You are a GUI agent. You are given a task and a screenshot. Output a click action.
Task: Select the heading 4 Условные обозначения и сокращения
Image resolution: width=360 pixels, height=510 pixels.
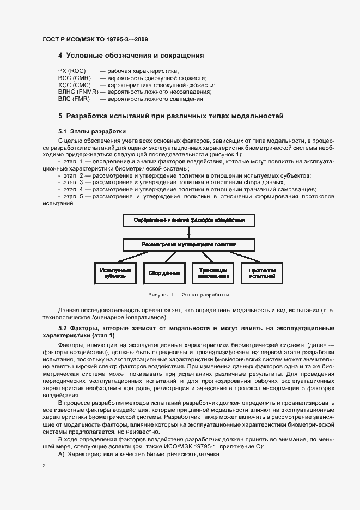tap(131, 56)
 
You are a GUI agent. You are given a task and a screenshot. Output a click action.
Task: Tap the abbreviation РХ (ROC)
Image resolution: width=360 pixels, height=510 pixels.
tap(72, 71)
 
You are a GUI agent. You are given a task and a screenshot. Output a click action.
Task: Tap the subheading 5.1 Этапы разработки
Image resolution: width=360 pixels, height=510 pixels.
tap(91, 131)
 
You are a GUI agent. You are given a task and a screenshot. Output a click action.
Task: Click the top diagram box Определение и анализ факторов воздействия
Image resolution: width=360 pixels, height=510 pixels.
tap(188, 221)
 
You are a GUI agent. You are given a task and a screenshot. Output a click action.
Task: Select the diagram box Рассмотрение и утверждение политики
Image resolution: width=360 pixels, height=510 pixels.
tap(188, 245)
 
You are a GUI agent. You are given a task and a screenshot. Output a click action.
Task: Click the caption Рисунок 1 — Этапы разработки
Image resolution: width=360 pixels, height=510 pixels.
tap(188, 295)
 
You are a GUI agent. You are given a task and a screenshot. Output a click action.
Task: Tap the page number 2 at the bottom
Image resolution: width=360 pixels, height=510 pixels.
tap(44, 466)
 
